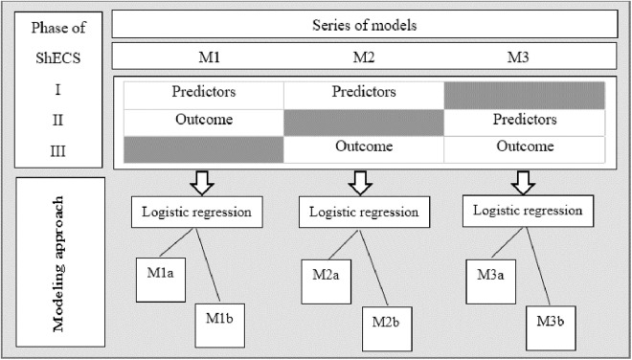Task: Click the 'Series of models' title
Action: pos(365,26)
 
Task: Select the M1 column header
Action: pos(209,57)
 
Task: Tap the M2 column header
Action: pos(364,57)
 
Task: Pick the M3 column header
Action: pos(517,57)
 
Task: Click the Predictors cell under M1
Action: pos(204,96)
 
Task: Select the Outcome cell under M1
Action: pos(204,123)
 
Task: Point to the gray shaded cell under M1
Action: pos(204,149)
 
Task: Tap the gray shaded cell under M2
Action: pos(364,123)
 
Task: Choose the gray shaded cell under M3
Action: pos(525,96)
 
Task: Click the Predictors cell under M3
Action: pos(525,123)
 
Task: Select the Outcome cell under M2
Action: pos(364,149)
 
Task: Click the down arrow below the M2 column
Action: pos(360,183)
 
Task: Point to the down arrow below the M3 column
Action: pos(523,183)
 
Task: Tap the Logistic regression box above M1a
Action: pos(197,212)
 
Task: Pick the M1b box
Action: pos(220,326)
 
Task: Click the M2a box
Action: pos(327,281)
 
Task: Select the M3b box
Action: pos(551,328)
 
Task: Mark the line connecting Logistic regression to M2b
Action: pos(373,268)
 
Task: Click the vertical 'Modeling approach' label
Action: pos(58,263)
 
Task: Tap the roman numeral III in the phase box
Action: pos(58,152)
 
